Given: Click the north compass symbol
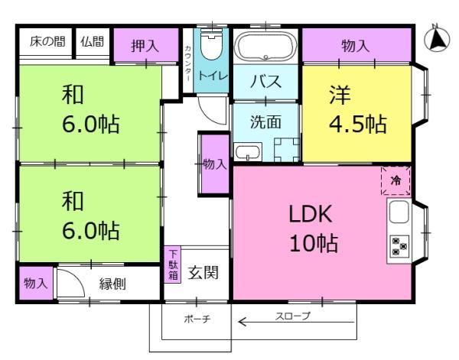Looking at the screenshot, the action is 437,39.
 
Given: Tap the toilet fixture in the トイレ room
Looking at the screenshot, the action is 211,44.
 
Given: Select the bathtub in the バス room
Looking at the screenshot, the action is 265,47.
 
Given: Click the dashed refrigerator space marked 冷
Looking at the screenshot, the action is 396,180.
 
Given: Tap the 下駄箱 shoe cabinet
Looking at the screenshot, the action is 173,264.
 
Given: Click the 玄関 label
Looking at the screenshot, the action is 203,273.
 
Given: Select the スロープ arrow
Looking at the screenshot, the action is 297,323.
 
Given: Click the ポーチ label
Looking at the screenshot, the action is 197,319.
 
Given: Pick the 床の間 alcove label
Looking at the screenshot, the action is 47,41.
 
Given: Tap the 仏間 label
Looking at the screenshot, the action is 93,41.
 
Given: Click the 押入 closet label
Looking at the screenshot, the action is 145,46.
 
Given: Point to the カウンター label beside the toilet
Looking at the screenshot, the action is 188,63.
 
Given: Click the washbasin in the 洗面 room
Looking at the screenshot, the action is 248,152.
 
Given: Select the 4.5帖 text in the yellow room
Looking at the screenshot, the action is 358,124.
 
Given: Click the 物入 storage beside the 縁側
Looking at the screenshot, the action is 36,283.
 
